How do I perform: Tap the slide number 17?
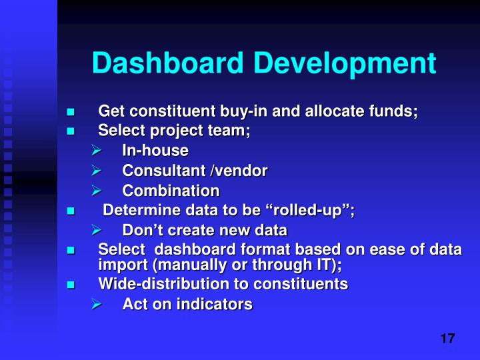click(447, 338)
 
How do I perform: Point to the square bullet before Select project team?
click(70, 131)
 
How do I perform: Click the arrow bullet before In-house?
click(95, 151)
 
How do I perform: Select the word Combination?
click(171, 191)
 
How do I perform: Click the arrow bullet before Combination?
click(95, 191)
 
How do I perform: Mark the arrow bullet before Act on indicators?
click(95, 305)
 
